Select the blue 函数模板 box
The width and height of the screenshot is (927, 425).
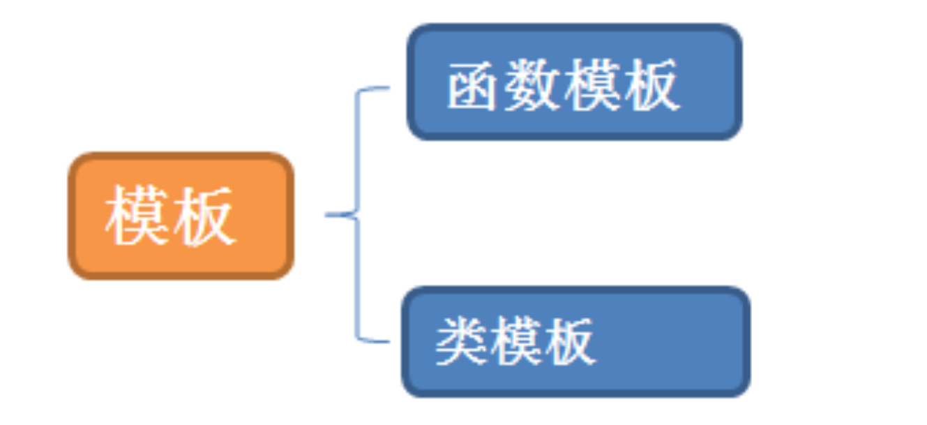[574, 82]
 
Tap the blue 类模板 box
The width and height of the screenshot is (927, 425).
[575, 342]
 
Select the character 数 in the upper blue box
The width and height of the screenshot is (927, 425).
[533, 85]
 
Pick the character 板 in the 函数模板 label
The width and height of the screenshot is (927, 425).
[650, 85]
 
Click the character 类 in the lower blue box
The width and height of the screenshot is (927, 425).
[461, 341]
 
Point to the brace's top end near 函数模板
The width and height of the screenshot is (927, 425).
[386, 89]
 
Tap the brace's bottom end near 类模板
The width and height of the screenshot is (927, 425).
[386, 341]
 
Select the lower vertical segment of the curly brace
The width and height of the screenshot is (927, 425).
[358, 279]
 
